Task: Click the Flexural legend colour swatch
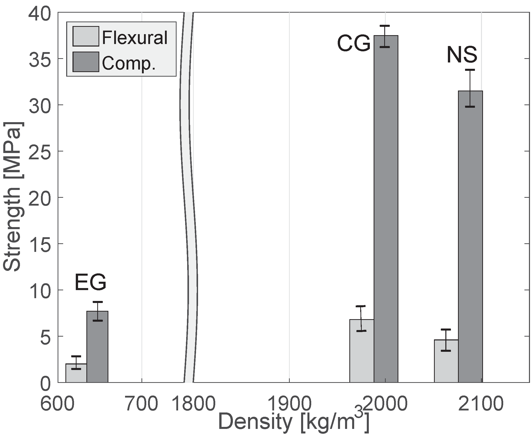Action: point(86,36)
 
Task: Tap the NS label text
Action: point(462,55)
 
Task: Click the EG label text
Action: point(90,283)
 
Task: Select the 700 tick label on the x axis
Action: point(142,404)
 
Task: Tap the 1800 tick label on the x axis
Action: point(194,404)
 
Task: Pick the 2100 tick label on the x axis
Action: point(481,404)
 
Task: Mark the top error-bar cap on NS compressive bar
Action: point(470,70)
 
